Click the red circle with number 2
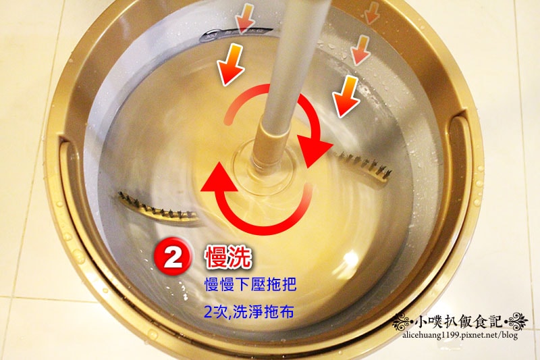pyautogui.click(x=172, y=257)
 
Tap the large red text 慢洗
pyautogui.click(x=228, y=257)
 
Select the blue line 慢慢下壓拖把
pyautogui.click(x=250, y=285)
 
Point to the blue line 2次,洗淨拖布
pyautogui.click(x=248, y=312)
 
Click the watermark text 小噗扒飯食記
pyautogui.click(x=459, y=322)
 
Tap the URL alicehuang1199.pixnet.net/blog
pyautogui.click(x=460, y=335)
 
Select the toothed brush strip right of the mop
pyautogui.click(x=362, y=166)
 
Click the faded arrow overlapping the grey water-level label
pyautogui.click(x=244, y=20)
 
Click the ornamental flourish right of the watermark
pyautogui.click(x=516, y=321)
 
